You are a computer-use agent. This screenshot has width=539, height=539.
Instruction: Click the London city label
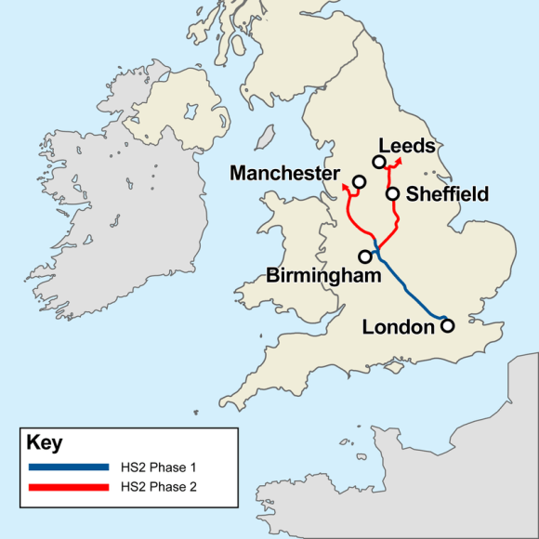398,327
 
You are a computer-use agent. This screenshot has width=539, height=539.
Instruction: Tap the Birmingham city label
322,275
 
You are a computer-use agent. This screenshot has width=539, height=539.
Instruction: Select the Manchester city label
284,174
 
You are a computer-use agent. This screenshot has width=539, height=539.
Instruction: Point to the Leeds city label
407,146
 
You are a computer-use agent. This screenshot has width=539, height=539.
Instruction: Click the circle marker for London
447,325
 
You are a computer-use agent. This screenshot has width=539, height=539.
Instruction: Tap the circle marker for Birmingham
364,256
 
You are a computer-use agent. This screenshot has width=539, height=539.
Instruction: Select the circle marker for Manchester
359,179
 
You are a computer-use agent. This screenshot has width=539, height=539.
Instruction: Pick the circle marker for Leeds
379,163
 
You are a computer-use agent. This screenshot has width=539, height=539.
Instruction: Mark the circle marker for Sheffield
393,194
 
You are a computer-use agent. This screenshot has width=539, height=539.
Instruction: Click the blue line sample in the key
69,467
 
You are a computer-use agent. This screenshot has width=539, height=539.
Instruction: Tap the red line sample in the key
69,486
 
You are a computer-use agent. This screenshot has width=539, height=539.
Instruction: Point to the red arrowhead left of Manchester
345,187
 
